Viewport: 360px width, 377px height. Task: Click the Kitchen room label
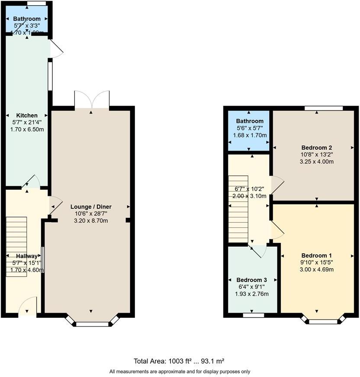27,115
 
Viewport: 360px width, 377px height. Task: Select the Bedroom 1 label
317,255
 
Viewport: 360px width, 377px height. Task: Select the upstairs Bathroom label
250,121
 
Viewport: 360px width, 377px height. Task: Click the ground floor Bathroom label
27,19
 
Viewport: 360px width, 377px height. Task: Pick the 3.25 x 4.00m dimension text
317,162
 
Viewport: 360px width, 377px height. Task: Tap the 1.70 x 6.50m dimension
27,129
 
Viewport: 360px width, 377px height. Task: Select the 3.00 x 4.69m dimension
317,269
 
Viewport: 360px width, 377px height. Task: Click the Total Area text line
180,361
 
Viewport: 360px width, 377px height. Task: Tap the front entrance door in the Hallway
27,307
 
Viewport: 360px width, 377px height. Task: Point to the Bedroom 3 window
253,315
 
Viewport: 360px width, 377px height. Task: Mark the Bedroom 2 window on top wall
324,108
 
